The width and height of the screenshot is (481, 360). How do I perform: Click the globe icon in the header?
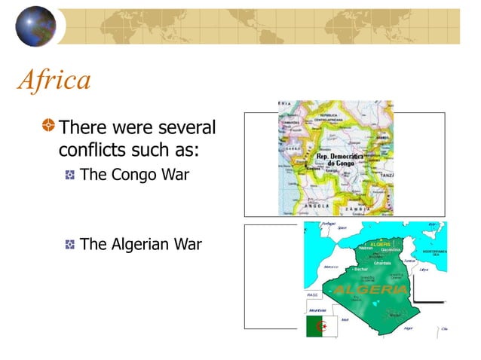pyautogui.click(x=35, y=26)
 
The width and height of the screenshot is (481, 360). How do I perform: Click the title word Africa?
pyautogui.click(x=54, y=79)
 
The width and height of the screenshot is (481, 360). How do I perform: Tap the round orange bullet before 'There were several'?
pyautogui.click(x=49, y=125)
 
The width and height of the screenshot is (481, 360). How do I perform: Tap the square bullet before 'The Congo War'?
pyautogui.click(x=69, y=176)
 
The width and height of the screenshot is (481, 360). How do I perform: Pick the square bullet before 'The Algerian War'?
pyautogui.click(x=69, y=245)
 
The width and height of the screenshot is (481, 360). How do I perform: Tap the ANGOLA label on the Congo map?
pyautogui.click(x=316, y=205)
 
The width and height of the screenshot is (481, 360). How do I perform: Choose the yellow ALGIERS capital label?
pyautogui.click(x=381, y=245)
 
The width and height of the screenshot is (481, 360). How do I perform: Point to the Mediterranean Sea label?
pyautogui.click(x=434, y=252)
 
